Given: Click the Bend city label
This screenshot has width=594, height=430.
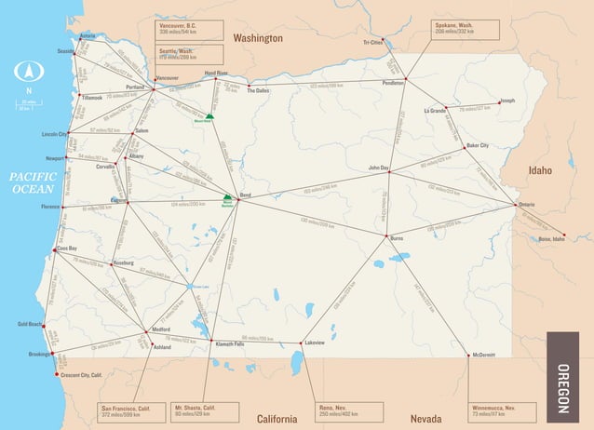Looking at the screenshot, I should coord(247,195).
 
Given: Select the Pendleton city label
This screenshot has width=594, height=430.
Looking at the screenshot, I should coord(393,83).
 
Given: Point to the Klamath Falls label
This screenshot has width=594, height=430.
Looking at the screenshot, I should coord(230,344).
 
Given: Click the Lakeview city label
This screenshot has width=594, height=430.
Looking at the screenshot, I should coord(315,343).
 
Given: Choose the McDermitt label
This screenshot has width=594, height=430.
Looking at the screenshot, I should coord(483,355).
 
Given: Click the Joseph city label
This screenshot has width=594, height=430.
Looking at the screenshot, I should coord(507,101).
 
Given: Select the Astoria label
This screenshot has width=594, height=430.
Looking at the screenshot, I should coord(88,35).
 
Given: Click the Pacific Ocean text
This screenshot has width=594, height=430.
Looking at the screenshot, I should coord(34,182).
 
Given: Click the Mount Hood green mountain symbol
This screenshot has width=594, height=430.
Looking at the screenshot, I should coord(210,115).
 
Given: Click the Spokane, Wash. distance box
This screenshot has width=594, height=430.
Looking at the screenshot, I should coord(466,29).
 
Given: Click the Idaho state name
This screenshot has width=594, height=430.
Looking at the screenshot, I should coord(540,170).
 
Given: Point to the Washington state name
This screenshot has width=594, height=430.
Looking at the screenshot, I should coord(258,38).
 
